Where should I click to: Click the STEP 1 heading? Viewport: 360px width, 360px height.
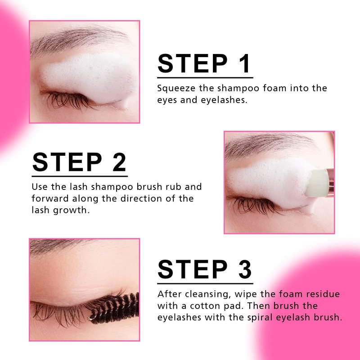[204, 63]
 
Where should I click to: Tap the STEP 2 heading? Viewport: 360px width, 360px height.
[79, 162]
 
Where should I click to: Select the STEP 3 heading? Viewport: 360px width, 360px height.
[205, 269]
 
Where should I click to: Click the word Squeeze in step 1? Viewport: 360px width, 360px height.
[176, 88]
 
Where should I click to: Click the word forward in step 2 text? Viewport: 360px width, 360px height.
[50, 198]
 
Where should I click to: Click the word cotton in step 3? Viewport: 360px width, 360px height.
[205, 306]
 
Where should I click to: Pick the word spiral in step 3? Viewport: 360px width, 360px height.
[260, 318]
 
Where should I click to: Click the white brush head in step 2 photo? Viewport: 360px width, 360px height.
[318, 183]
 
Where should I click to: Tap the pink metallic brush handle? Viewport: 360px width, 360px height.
[331, 180]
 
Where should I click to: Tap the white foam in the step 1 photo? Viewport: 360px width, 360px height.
[90, 77]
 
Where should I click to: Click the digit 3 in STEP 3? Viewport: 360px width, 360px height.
[245, 269]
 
